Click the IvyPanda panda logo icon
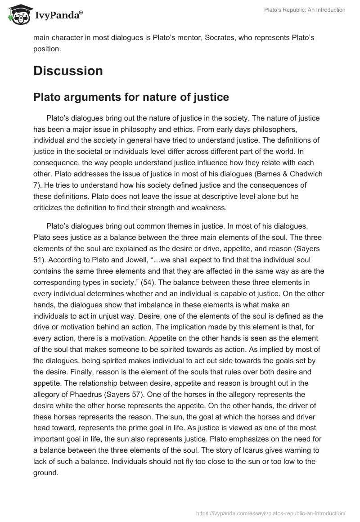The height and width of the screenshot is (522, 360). [x=18, y=15]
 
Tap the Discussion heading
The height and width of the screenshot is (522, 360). [x=68, y=71]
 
